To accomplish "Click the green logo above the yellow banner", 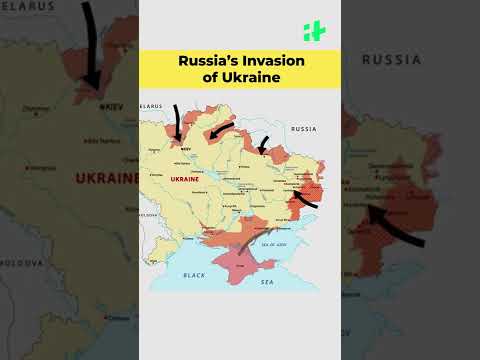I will pos(313,31).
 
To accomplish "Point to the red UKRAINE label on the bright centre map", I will pos(186,179).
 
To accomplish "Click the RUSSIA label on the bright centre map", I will pos(303,129).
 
